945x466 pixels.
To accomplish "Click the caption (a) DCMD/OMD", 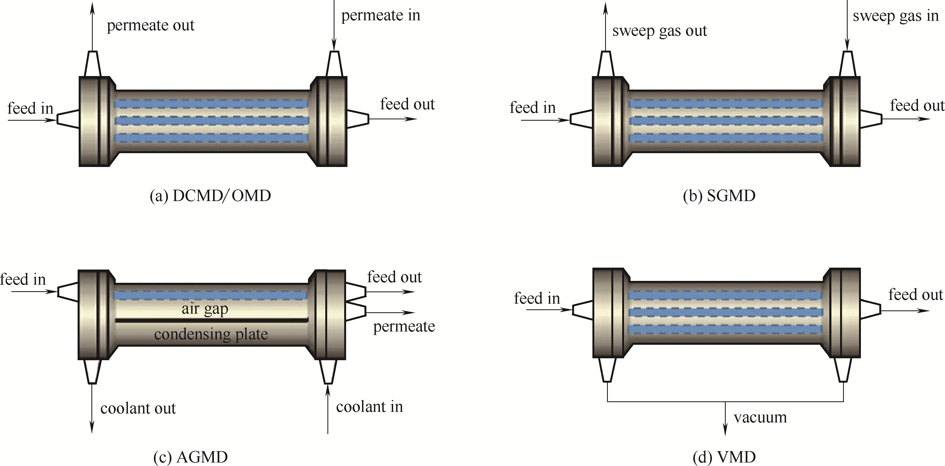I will tap(210, 196).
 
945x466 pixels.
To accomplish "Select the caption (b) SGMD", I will tap(719, 196).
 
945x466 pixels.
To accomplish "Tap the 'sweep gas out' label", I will tap(659, 31).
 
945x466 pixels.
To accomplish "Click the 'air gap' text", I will tap(205, 309).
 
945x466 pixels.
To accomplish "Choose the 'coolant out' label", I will tap(138, 408).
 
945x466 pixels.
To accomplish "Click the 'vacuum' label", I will tap(760, 418).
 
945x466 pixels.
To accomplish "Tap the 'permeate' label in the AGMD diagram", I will tap(404, 326).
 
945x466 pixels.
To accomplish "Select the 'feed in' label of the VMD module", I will tap(537, 298).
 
